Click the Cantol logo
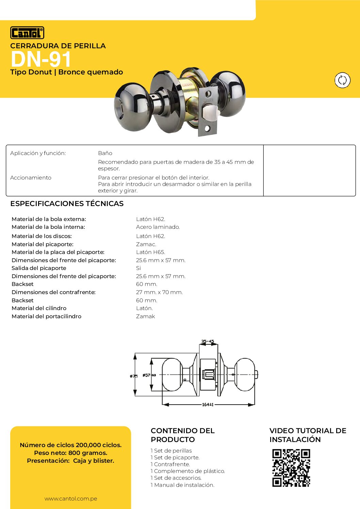tap(27, 33)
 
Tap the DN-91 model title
tap(41, 59)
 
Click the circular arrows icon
tap(342, 80)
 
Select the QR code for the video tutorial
tap(291, 468)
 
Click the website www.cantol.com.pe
tap(71, 498)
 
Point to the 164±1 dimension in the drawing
tap(208, 405)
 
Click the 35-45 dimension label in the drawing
tap(208, 341)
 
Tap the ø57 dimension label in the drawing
tap(149, 375)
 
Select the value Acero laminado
tap(158, 227)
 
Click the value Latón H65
tap(150, 252)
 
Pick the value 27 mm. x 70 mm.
tap(159, 292)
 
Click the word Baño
tap(105, 153)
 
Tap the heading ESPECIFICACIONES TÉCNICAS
tap(67, 203)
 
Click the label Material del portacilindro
tap(47, 316)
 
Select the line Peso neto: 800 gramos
tap(71, 453)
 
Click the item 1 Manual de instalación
tap(182, 485)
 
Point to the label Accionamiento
tap(31, 177)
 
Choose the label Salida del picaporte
tap(39, 268)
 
